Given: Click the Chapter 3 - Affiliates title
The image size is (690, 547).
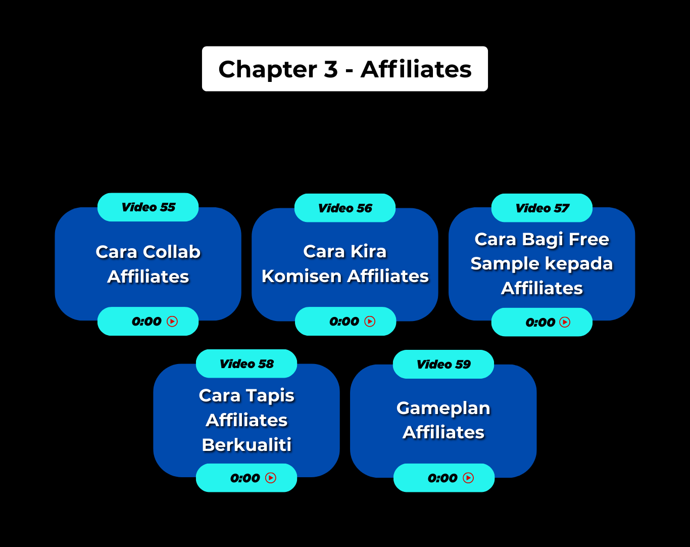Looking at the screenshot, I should pyautogui.click(x=345, y=69).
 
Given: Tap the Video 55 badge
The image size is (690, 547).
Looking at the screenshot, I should pyautogui.click(x=148, y=207).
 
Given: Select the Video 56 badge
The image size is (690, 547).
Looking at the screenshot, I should pyautogui.click(x=345, y=208).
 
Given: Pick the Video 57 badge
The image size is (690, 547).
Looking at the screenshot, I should pyautogui.click(x=542, y=208).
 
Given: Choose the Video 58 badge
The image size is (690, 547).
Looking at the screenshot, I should pyautogui.click(x=247, y=364).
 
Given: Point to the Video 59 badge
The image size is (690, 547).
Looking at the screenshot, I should pyautogui.click(x=443, y=364).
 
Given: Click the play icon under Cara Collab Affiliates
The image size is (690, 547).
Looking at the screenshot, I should pyautogui.click(x=172, y=322).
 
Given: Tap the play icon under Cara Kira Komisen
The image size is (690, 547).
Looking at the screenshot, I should pyautogui.click(x=370, y=322).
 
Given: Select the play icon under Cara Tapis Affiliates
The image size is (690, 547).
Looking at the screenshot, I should pyautogui.click(x=271, y=478).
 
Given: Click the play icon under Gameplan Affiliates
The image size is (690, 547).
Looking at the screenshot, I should pyautogui.click(x=468, y=478).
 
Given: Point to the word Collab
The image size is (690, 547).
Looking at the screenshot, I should pyautogui.click(x=172, y=252).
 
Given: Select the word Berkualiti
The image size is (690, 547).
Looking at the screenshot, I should pyautogui.click(x=247, y=445).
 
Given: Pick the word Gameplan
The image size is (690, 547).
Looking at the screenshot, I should pyautogui.click(x=443, y=408).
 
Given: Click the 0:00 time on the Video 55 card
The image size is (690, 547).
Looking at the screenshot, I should pyautogui.click(x=146, y=322).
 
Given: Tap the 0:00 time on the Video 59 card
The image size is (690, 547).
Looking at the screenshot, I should pyautogui.click(x=442, y=478).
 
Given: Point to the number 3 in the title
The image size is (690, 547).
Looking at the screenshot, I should pyautogui.click(x=331, y=69).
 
